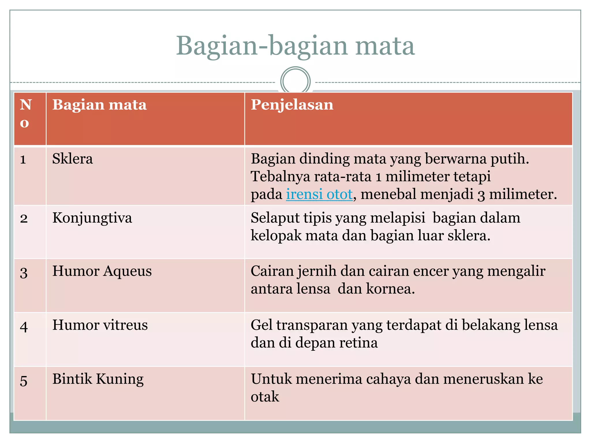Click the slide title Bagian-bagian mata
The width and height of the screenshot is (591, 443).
[295, 46]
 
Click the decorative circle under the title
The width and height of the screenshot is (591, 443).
[295, 81]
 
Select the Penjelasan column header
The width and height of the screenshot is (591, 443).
[292, 105]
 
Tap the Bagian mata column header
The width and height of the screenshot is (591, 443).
[99, 105]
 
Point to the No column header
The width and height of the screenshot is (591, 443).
[25, 113]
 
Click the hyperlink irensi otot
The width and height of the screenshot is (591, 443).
[319, 194]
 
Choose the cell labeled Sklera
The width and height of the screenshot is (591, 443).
[72, 159]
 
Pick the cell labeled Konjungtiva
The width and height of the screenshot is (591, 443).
[92, 218]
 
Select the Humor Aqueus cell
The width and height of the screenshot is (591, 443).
[102, 271]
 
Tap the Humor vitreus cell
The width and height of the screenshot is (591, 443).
[100, 325]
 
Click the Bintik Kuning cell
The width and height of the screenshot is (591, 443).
[98, 379]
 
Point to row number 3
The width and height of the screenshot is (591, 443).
[24, 272]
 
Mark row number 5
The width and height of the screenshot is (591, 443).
[24, 380]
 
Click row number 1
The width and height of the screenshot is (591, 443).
[23, 159]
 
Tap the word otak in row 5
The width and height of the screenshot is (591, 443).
[265, 397]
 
